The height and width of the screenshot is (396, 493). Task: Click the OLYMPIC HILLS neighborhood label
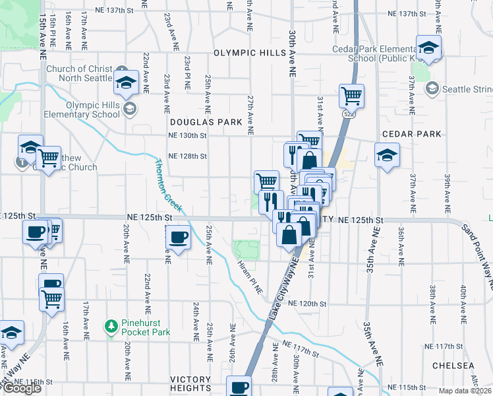pos(246,52)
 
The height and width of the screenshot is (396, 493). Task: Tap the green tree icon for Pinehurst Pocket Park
pos(111,326)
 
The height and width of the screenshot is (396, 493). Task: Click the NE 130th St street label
pos(188,135)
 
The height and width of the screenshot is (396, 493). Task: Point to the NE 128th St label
pos(188,156)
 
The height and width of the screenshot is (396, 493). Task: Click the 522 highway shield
pos(346,114)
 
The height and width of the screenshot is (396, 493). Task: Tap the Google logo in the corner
pos(22,388)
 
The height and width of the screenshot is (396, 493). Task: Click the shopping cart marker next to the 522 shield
pos(351,96)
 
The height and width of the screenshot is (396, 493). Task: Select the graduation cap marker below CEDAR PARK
pos(388,156)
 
